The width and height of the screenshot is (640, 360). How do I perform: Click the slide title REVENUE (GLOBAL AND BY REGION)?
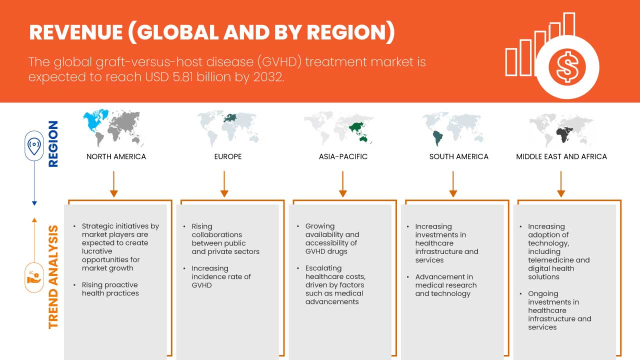point(212,32)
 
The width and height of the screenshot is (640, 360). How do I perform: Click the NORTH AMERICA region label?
point(116,156)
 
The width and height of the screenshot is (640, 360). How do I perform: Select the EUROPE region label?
point(227,156)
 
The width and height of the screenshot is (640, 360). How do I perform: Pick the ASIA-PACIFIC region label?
point(343,156)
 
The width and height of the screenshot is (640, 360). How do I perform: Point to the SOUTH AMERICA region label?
point(458,156)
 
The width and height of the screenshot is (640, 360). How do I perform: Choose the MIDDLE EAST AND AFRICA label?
point(561,156)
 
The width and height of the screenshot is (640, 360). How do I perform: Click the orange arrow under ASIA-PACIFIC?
point(343,183)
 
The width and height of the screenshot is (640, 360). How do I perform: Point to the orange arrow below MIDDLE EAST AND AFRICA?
point(561,183)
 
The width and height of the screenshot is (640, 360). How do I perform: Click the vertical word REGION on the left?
point(52,143)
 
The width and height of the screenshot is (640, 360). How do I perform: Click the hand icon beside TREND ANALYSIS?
point(34,277)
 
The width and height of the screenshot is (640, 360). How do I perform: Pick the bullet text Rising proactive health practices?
point(110,289)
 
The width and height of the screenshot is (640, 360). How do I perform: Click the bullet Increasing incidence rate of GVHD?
point(221,276)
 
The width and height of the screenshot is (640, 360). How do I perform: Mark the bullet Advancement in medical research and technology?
point(445,285)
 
